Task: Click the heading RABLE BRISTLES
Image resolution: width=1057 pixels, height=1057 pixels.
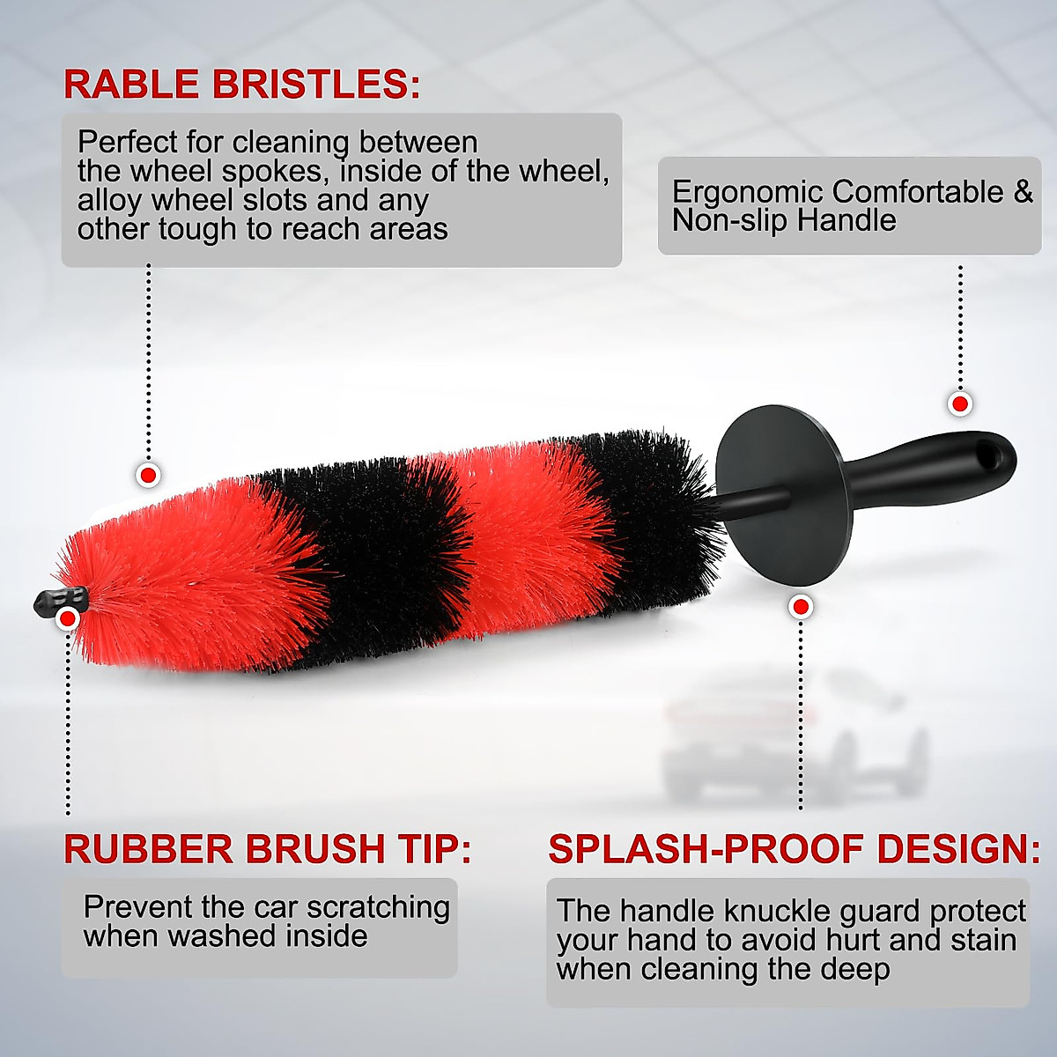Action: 241,85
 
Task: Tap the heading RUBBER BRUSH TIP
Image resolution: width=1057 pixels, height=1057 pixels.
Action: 267,849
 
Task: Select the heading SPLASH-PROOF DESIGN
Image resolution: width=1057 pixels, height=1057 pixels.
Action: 794,849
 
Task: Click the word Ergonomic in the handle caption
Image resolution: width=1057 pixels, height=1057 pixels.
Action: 749,192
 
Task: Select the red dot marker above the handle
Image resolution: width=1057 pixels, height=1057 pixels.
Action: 959,404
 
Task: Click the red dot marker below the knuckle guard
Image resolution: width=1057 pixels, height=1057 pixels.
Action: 801,607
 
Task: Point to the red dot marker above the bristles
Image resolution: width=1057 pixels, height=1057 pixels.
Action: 148,476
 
